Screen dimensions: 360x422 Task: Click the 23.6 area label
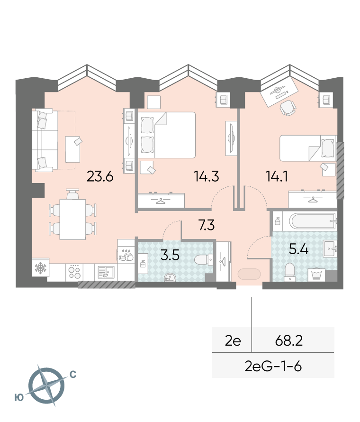pos(100,176)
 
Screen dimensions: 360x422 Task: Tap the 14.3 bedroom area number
pos(206,176)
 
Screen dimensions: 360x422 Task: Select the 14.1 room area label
pos(277,176)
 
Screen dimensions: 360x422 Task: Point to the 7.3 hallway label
pos(207,225)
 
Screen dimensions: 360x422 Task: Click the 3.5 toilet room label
pos(170,255)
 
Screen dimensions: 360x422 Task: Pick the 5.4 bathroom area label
pos(298,249)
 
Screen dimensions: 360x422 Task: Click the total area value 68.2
pos(289,341)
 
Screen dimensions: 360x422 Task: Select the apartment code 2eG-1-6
pos(273,366)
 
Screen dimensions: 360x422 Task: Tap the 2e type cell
pos(233,341)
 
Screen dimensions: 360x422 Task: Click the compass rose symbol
pos(46,385)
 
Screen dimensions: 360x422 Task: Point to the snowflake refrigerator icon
pos(41,267)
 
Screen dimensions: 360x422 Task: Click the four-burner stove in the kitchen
pos(74,272)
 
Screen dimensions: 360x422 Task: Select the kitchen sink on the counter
pos(106,272)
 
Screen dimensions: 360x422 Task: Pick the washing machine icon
pos(316,275)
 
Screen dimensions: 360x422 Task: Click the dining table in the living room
pos(72,219)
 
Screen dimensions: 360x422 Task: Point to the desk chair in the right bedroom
pos(288,108)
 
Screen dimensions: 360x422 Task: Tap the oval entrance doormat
pos(249,274)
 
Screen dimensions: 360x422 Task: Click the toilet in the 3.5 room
pos(204,260)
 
